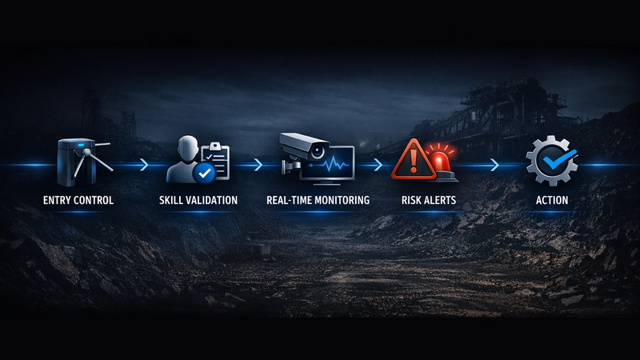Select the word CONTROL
94,200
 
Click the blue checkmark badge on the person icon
204,174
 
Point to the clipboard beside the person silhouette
215,160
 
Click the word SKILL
170,200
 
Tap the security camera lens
317,152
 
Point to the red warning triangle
414,161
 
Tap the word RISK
411,200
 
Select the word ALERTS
440,200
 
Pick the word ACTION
552,200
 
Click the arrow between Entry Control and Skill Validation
144,165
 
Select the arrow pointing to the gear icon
494,165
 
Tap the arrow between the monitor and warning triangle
378,165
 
